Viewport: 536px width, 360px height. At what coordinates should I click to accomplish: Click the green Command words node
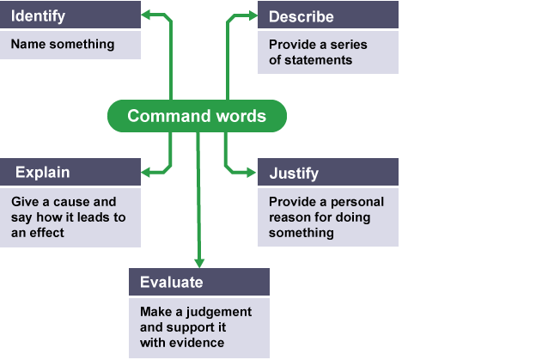point(197,116)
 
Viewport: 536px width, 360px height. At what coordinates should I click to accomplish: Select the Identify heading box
point(70,16)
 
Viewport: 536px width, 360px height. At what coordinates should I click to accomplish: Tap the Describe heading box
point(327,16)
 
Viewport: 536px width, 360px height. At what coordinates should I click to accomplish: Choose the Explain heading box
point(70,173)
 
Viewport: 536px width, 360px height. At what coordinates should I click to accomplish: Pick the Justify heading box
point(327,173)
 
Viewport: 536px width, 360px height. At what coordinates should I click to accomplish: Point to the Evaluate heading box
point(198,282)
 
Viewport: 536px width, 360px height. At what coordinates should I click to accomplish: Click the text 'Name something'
point(63,45)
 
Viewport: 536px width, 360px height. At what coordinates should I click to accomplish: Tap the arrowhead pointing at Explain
point(148,173)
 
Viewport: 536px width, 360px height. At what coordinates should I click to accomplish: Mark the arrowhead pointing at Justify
point(251,173)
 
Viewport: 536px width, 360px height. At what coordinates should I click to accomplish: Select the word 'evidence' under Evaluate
point(195,344)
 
